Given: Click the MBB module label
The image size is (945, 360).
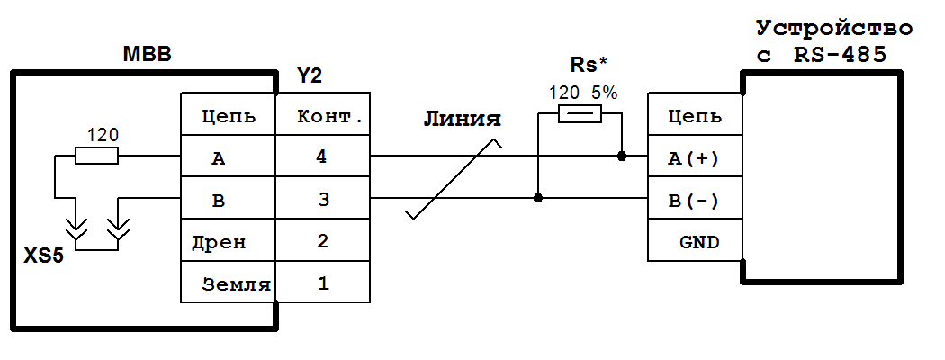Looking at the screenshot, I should [x=147, y=56].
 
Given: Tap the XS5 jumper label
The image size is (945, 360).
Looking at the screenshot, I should [x=43, y=256].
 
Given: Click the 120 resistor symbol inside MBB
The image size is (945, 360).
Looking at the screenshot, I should [x=96, y=157].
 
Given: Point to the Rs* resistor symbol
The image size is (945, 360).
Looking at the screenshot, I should [x=580, y=114].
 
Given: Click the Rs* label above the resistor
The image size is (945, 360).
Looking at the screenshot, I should [x=589, y=65].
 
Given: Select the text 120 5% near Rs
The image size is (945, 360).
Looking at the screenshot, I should [x=582, y=92].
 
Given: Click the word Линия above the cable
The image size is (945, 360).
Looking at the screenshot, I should [x=462, y=121].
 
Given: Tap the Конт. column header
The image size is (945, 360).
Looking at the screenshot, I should [x=322, y=117].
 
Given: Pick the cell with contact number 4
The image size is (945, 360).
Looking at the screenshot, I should [x=322, y=157].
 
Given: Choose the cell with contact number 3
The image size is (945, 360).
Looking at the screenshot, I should [x=322, y=199].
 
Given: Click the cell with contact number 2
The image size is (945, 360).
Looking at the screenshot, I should [x=322, y=240].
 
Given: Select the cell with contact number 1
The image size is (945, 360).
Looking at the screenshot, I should [x=322, y=283].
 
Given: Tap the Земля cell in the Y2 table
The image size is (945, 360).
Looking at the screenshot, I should [x=229, y=283].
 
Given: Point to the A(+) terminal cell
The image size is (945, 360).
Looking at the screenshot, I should [x=695, y=157].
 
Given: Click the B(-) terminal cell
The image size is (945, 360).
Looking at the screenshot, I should [x=695, y=200].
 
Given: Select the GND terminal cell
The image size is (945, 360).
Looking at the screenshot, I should [x=695, y=241].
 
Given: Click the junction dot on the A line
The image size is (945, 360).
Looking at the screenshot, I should [x=622, y=157].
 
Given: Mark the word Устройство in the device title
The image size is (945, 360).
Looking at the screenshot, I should [x=833, y=28].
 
